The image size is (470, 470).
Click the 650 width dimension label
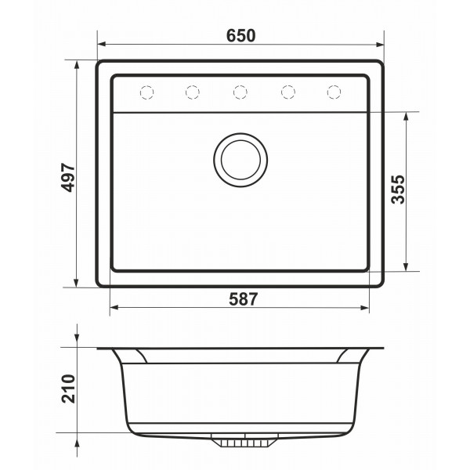tap(240, 35)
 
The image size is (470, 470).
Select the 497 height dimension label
tap(67, 177)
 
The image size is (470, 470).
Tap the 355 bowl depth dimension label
tap(399, 190)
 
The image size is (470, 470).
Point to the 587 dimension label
tap(243, 299)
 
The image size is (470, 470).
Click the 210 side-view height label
tap(68, 389)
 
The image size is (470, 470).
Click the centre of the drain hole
tap(240, 160)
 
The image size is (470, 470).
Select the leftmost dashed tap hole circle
tap(147, 92)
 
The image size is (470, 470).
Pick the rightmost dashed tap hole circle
tap(334, 92)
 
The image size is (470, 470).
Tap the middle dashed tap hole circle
tap(240, 92)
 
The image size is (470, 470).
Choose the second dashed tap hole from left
tap(193, 92)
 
